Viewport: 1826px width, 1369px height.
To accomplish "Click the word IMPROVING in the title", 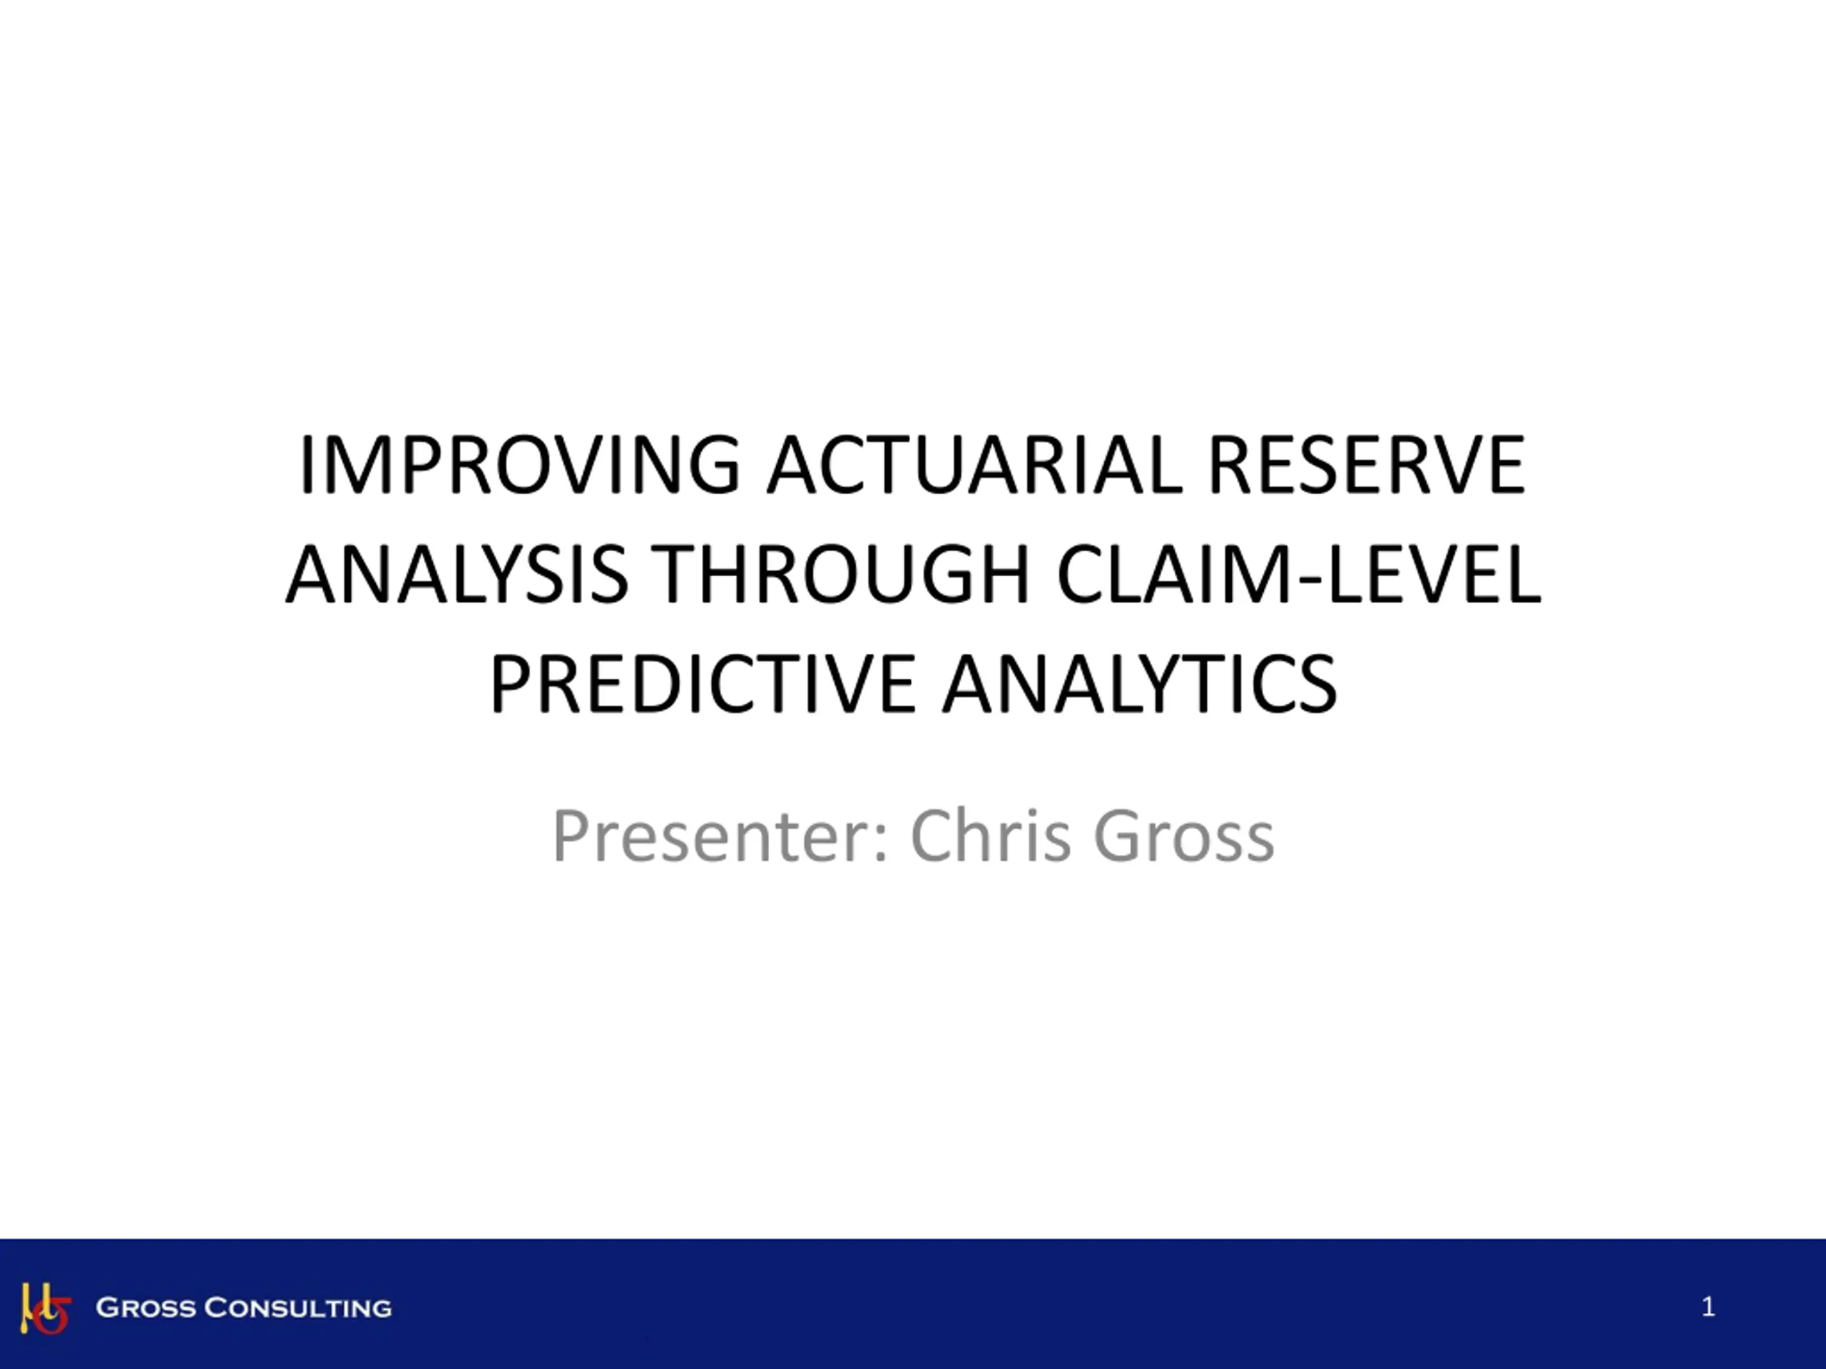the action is coord(519,466).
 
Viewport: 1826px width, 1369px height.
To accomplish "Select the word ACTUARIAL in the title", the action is coord(975,466).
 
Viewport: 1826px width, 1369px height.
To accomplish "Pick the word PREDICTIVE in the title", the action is coord(703,683).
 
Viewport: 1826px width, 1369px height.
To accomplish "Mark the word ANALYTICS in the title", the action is coord(1139,683).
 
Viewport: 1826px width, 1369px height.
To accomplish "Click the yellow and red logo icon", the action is coord(46,1308).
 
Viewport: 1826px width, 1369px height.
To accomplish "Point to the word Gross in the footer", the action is coord(146,1308).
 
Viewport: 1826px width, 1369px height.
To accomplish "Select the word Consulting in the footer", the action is coord(297,1308).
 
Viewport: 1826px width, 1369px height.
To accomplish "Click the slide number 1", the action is coord(1708,1306).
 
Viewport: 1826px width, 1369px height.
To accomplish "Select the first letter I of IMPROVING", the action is coord(305,466).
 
